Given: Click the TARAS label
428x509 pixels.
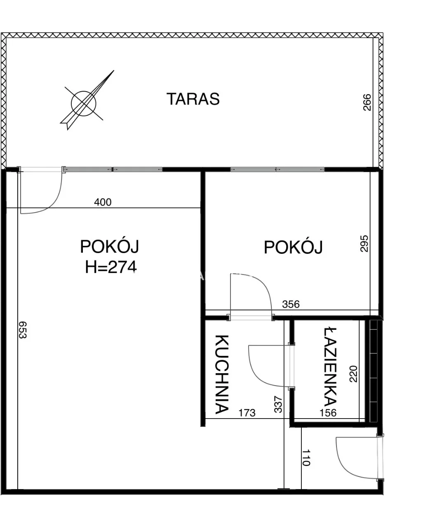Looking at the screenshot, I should pos(193,99).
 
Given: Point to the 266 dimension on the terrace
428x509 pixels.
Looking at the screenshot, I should pos(367,102).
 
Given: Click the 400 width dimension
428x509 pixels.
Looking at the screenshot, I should pos(103,202).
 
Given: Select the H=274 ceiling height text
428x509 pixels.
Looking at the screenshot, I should pos(111,267).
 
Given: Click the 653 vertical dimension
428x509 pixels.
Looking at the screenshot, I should pos(22,330).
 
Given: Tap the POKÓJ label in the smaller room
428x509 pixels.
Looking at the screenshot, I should pos(293,247).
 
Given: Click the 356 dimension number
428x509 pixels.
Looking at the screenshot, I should pos(291,305).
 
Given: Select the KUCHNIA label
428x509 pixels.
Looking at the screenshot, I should pos(222,374).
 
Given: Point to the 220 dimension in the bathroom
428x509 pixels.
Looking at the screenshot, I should pos(354,374).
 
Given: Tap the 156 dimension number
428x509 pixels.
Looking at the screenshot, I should pos(328,412).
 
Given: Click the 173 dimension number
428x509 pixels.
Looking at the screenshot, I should pos(247,412).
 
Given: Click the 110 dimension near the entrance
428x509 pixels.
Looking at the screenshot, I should pos(306,457).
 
